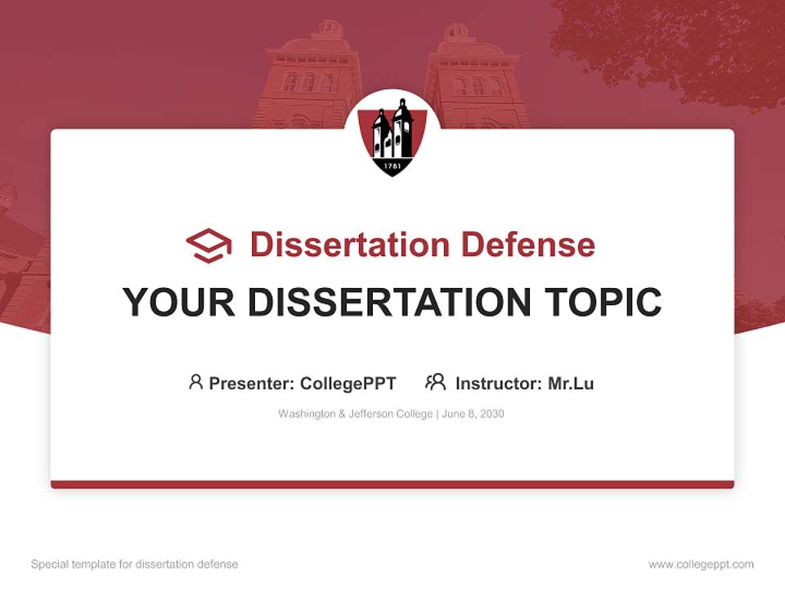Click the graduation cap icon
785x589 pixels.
[x=209, y=245]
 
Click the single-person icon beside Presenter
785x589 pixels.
[x=195, y=382]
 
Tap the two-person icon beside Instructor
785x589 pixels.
[x=436, y=382]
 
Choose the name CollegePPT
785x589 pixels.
[x=348, y=384]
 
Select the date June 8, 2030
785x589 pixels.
[x=474, y=414]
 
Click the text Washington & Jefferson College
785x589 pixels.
[x=355, y=414]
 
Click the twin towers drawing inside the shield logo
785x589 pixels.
[x=392, y=131]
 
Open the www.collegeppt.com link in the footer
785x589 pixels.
[x=701, y=564]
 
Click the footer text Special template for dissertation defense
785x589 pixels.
[x=135, y=564]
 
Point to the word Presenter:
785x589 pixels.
[x=252, y=384]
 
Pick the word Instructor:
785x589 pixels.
[x=499, y=384]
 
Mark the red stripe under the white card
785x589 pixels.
[x=392, y=485]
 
